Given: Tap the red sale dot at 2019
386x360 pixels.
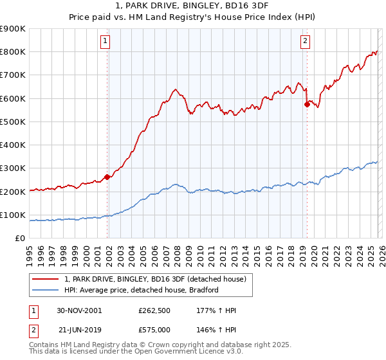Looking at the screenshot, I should coord(307,104).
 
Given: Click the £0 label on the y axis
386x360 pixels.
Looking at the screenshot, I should coord(19,238).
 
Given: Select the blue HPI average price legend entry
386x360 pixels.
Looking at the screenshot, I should coord(142,290).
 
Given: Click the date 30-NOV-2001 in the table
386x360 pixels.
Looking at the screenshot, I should coord(79,310).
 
